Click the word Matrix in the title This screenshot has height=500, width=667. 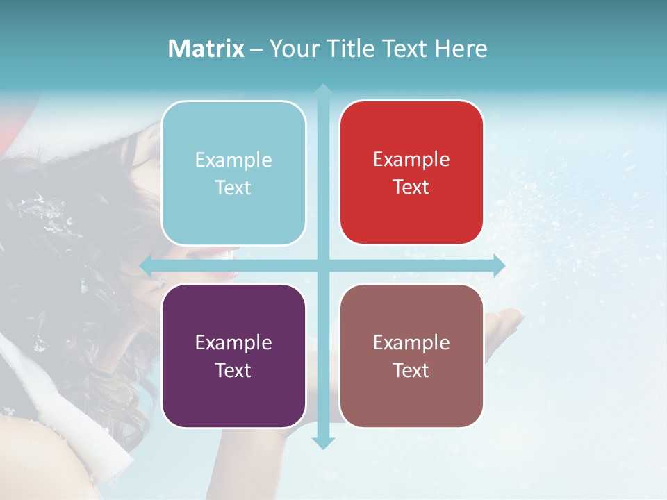coord(206,49)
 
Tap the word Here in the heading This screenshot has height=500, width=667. coord(461,49)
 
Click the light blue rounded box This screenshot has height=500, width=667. coord(233,173)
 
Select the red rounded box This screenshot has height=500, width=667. coord(411,173)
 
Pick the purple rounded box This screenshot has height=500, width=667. coord(233,356)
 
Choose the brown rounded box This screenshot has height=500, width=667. coord(411,356)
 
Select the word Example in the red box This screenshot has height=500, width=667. coord(411,159)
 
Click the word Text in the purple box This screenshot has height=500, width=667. coord(233,370)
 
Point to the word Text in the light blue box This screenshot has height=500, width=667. coord(233,187)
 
